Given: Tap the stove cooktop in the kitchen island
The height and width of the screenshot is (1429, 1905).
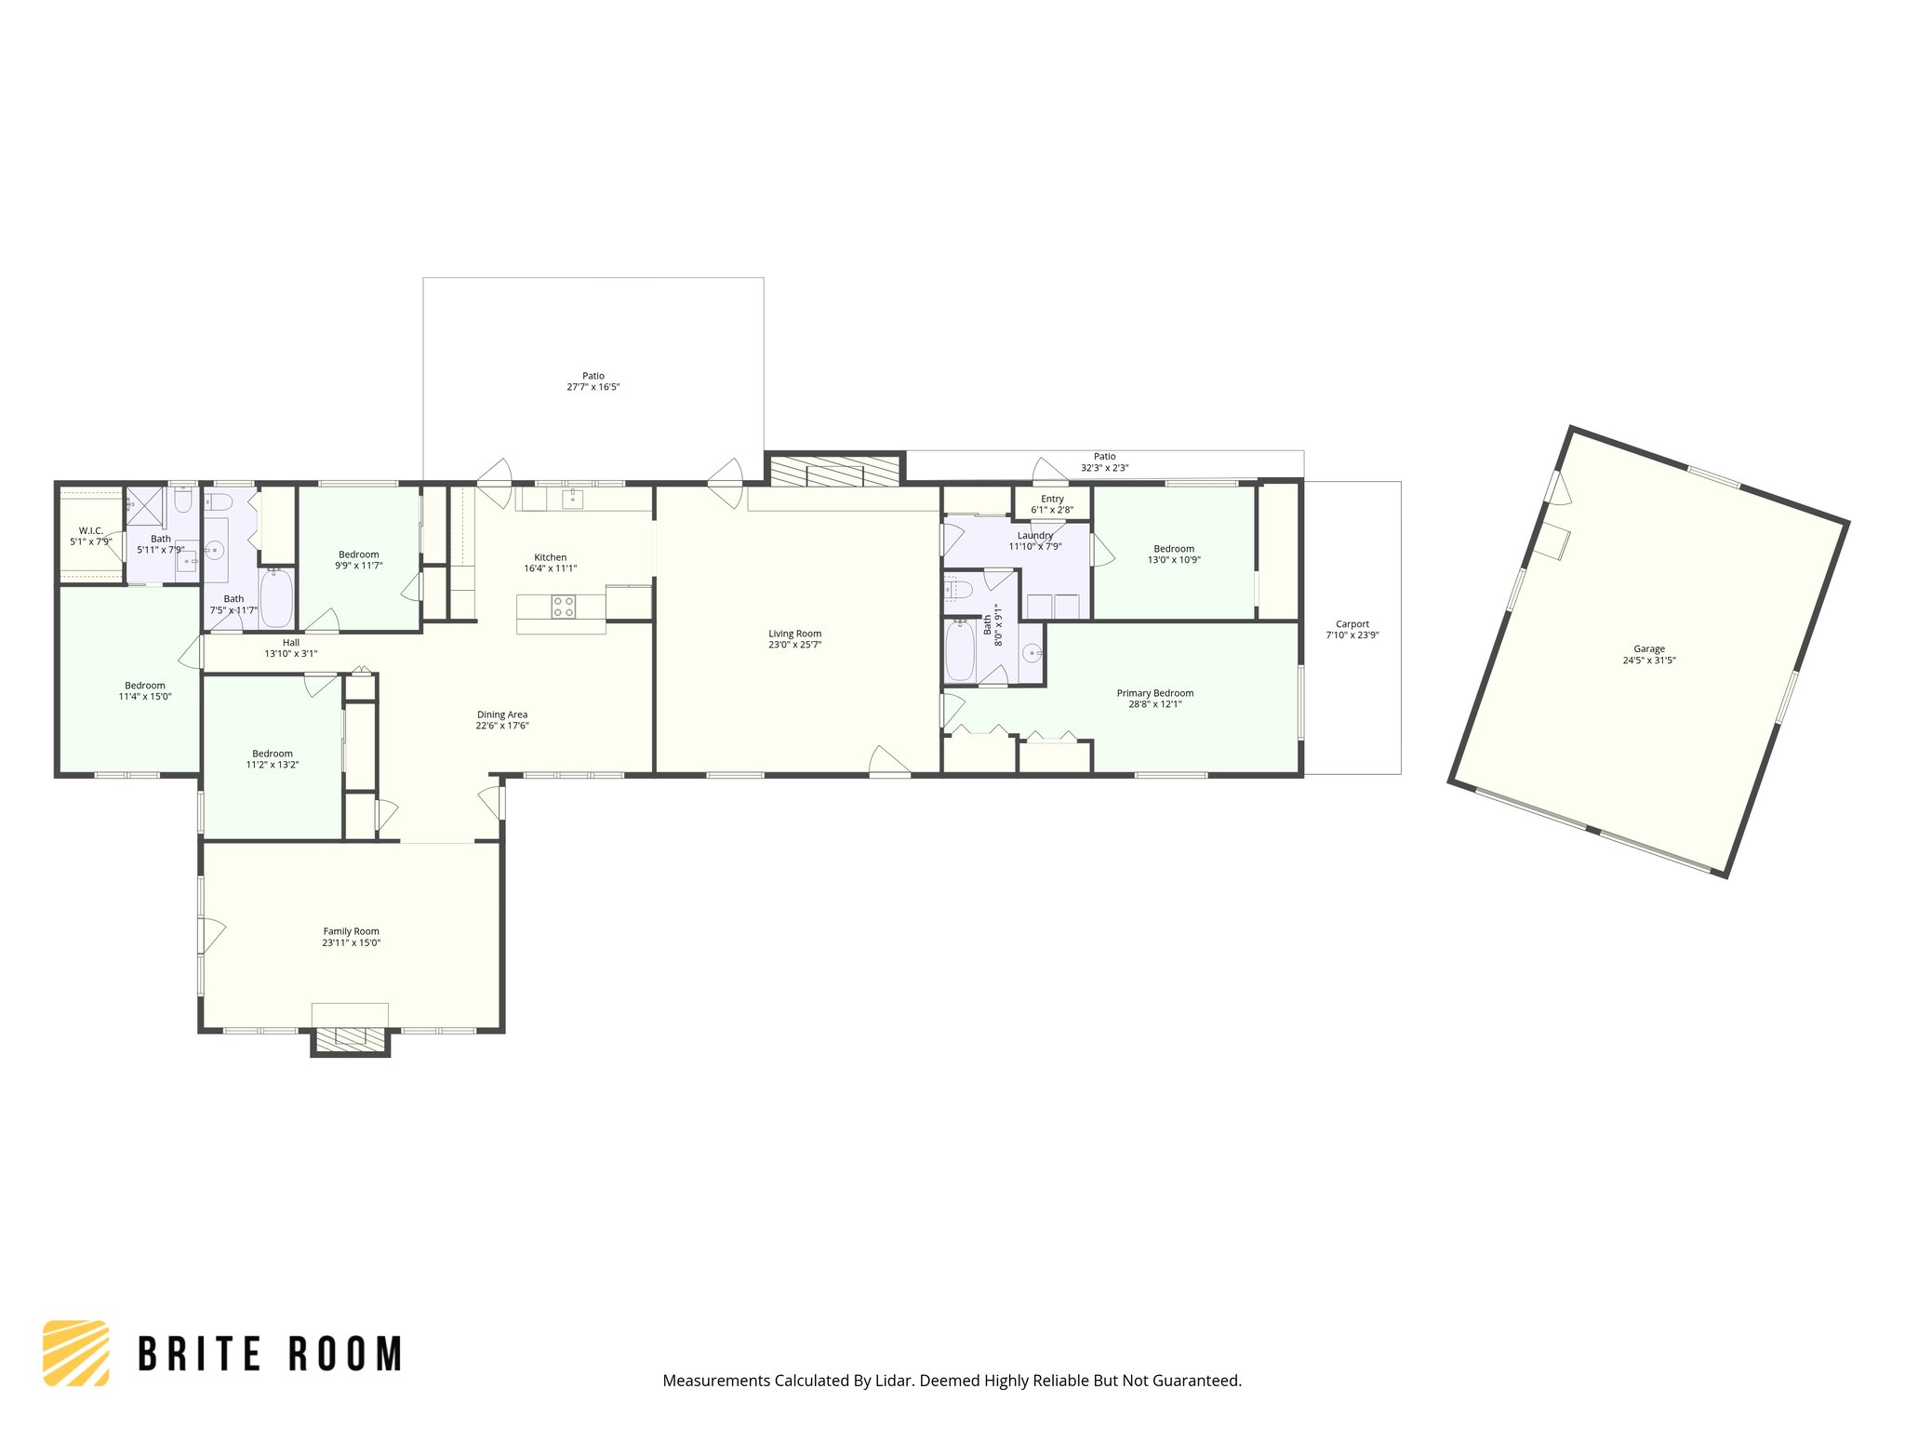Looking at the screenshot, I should coord(564,608).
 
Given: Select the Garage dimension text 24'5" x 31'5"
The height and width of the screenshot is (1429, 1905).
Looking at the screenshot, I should coord(1649,661).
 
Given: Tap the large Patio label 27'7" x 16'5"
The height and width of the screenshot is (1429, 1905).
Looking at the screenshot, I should coord(593,381).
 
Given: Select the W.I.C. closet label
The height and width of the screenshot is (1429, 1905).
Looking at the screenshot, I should coord(90,531).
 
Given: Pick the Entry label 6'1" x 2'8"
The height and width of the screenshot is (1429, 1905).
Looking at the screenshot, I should coord(1052,504).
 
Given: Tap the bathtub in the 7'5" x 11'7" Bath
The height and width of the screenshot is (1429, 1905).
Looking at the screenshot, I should coord(276,598).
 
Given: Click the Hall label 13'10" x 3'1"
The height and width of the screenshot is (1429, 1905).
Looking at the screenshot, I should coord(291,648).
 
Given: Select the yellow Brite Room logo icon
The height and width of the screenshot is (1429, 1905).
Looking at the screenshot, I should coord(76,1353).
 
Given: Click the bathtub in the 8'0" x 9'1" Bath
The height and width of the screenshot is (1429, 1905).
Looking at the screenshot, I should coord(960,651).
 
